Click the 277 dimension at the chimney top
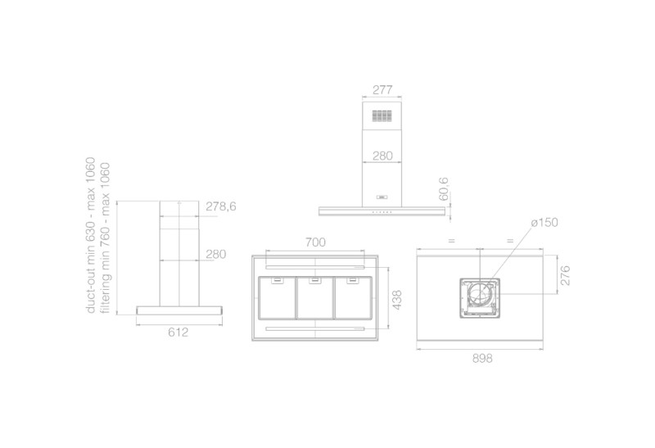382,89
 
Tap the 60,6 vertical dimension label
444,188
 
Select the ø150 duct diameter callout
544,222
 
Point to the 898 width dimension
482,358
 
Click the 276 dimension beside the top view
565,275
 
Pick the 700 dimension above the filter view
315,242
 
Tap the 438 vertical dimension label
397,300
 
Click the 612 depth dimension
178,333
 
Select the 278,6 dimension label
220,206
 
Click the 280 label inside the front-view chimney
382,156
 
